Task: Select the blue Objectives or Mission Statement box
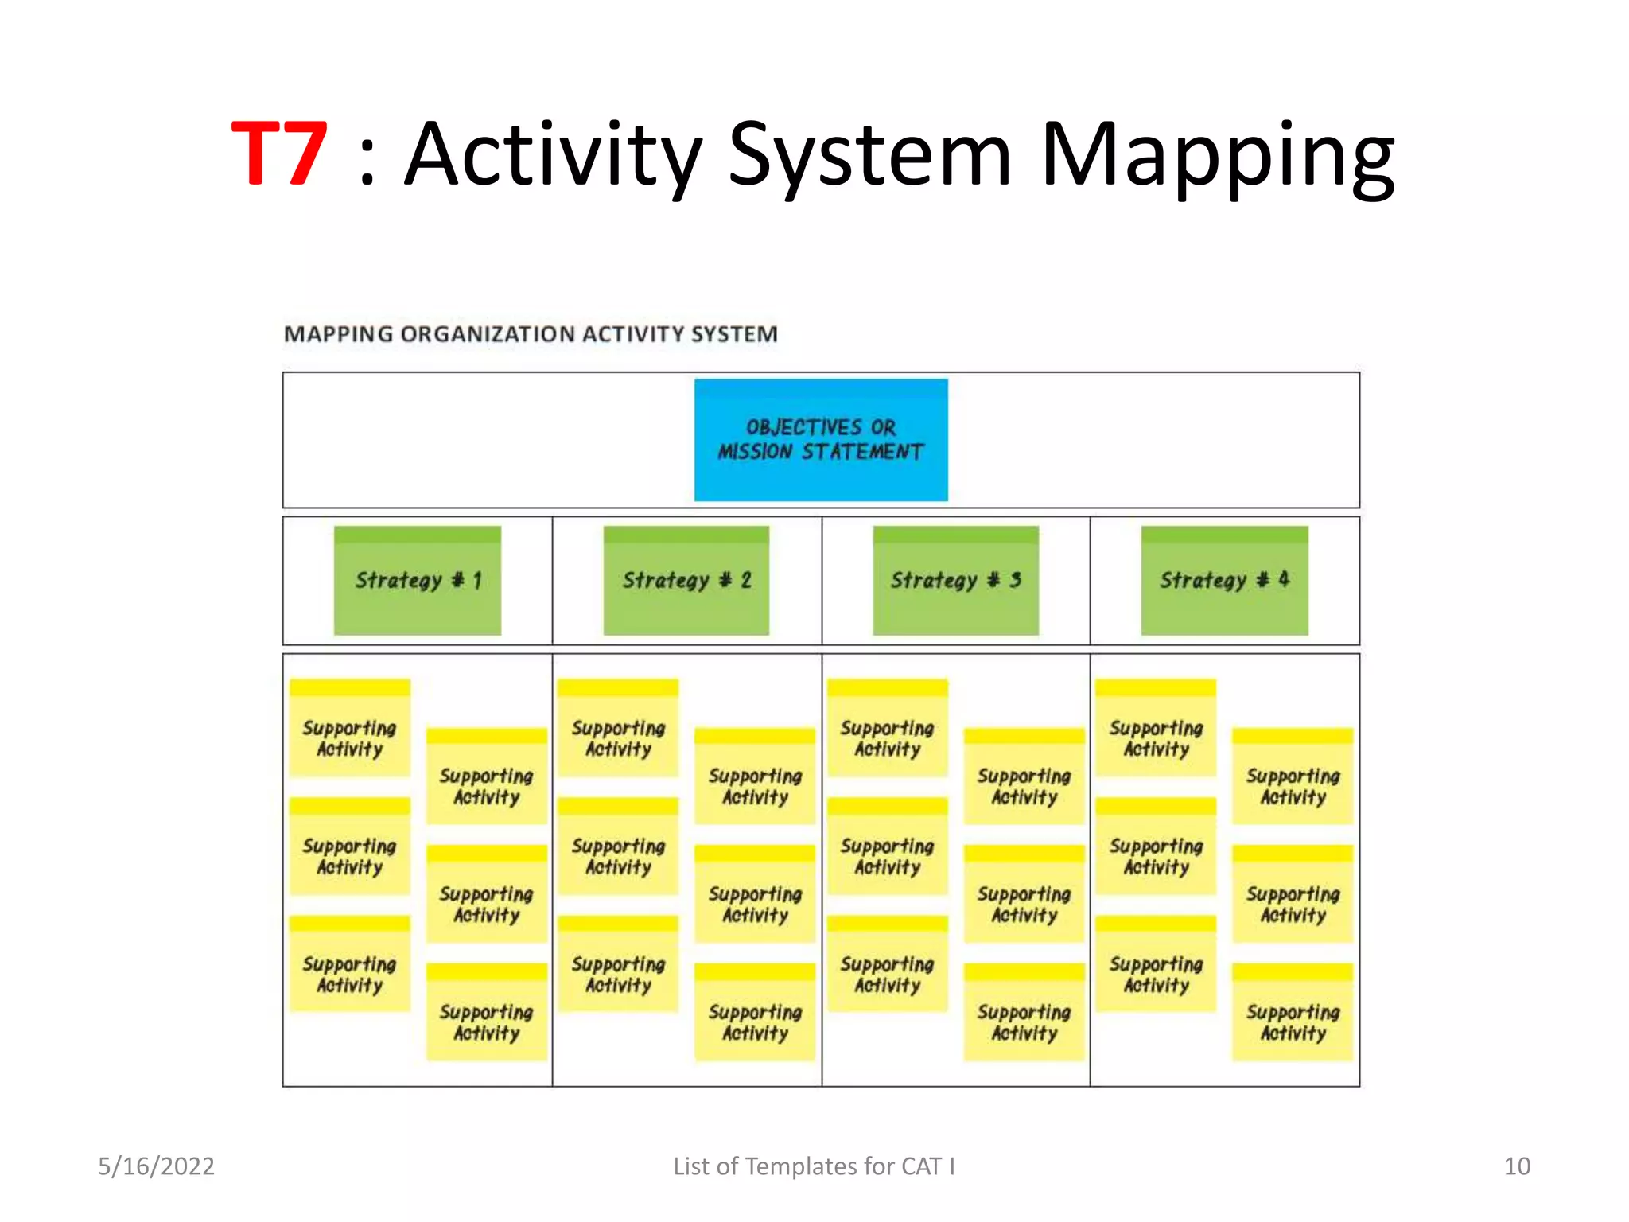pyautogui.click(x=820, y=440)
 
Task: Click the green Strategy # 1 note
pyautogui.click(x=417, y=580)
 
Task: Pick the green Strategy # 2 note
pyautogui.click(x=686, y=580)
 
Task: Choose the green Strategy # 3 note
pyautogui.click(x=955, y=580)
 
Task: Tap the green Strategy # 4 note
pyautogui.click(x=1224, y=580)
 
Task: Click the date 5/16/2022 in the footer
pyautogui.click(x=156, y=1166)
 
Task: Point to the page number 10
pyautogui.click(x=1516, y=1166)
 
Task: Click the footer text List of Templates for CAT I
pyautogui.click(x=814, y=1166)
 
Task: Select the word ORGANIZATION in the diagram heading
pyautogui.click(x=487, y=334)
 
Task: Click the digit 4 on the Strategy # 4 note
pyautogui.click(x=1283, y=579)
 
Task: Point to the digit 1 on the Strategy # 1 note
pyautogui.click(x=477, y=580)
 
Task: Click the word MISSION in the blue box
pyautogui.click(x=755, y=452)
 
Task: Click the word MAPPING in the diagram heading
pyautogui.click(x=338, y=334)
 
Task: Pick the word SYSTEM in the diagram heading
pyautogui.click(x=733, y=334)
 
